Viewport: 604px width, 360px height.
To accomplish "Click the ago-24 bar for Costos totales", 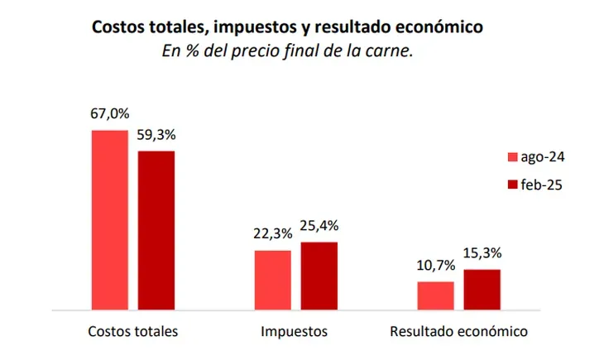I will [x=109, y=219].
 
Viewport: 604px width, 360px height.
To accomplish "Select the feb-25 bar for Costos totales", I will [x=156, y=230].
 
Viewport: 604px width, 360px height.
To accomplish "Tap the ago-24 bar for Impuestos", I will [x=272, y=280].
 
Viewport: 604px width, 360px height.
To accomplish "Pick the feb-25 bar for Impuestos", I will [x=319, y=276].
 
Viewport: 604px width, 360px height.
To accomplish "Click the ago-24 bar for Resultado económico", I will [x=435, y=295].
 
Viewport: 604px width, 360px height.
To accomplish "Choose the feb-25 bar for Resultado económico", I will [x=482, y=289].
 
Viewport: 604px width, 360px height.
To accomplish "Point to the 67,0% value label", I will [x=110, y=115].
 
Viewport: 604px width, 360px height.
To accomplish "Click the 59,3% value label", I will [x=156, y=135].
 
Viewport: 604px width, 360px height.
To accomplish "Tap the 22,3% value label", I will [x=273, y=234].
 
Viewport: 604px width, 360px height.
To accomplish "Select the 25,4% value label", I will [x=319, y=226].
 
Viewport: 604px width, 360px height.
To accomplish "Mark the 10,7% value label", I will [x=435, y=266].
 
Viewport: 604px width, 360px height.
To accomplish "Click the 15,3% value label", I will [x=482, y=253].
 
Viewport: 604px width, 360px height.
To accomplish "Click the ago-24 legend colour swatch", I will [x=511, y=156].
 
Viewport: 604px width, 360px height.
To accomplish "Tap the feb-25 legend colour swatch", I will [x=511, y=185].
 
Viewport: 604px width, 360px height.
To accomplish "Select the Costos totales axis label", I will [x=133, y=332].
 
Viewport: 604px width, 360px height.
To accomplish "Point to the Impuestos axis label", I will [x=294, y=332].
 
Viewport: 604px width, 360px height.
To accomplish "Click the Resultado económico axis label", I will [x=458, y=332].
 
